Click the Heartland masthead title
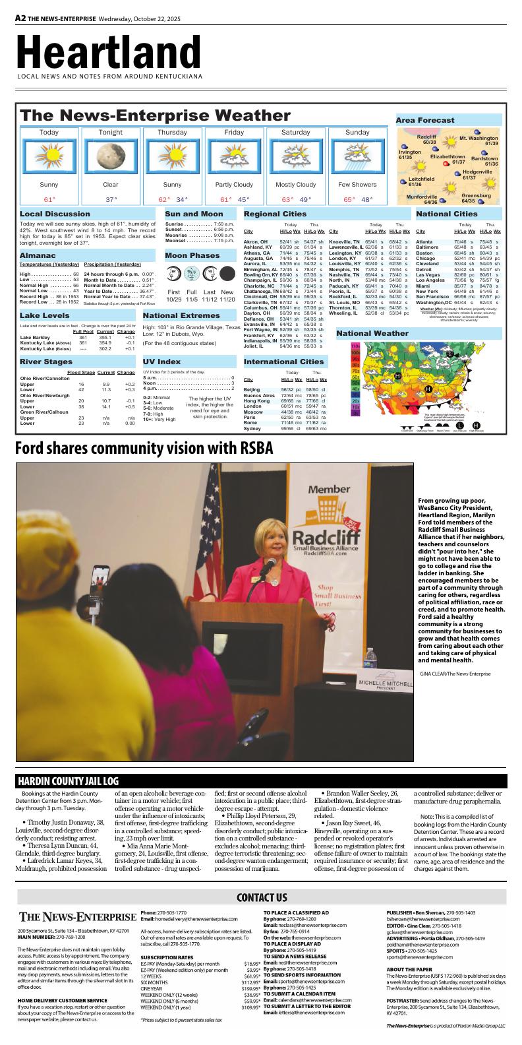point(109,51)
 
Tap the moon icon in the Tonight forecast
point(110,156)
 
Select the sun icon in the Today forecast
point(49,156)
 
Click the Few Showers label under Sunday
point(357,185)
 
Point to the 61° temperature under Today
point(49,199)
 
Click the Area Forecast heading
point(425,120)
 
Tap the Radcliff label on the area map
point(427,137)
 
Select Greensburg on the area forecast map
point(476,196)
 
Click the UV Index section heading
point(161,362)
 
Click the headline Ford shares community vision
point(144,449)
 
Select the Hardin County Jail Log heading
point(69,780)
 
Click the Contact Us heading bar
point(262,897)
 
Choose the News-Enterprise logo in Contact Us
point(76,917)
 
